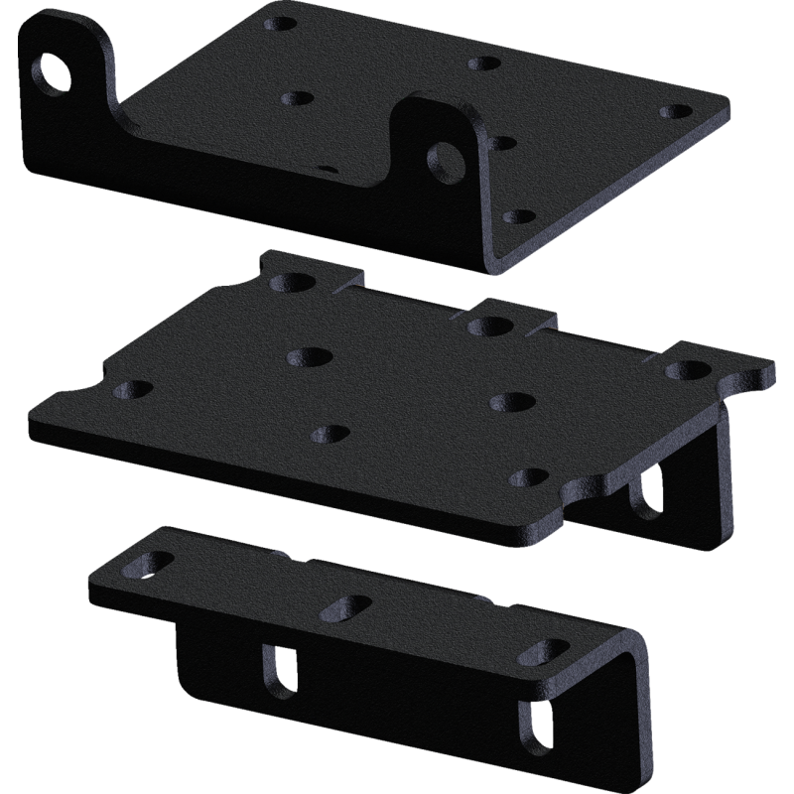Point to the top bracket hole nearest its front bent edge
tap(513, 215)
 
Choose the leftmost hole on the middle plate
tap(126, 389)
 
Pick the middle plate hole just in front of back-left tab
tap(306, 354)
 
